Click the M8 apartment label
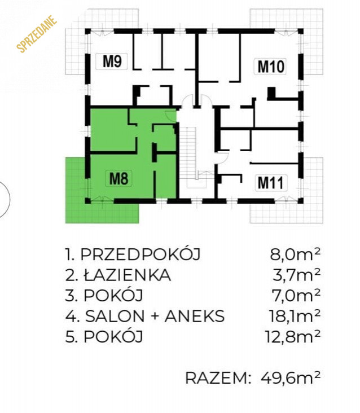coord(118,178)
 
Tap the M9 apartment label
coord(112,61)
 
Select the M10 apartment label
coord(270,66)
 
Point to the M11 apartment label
coord(271,183)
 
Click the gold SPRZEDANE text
coord(37,34)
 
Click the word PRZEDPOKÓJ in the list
coord(141,254)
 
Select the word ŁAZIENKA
coord(128,275)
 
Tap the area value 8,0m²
coord(295,254)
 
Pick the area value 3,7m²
coord(297,275)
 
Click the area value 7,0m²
coord(296,296)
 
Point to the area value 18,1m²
coord(295,316)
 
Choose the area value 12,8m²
coord(293,337)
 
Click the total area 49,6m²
coord(291,378)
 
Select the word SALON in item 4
coord(115,316)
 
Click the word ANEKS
coord(195,316)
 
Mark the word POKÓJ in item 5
coord(113,336)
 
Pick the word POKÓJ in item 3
coord(113,295)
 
